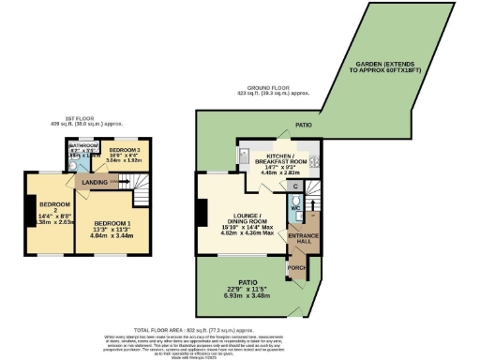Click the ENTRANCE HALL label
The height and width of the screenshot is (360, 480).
pos(304,237)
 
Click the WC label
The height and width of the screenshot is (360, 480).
pos(295,209)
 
